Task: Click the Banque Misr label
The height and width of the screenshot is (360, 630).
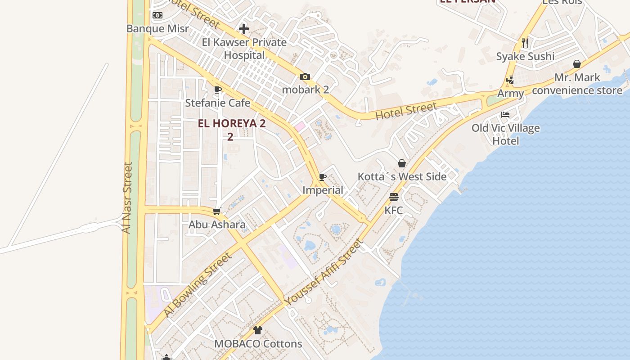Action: (157, 29)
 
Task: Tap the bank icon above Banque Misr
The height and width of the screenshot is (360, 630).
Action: (157, 15)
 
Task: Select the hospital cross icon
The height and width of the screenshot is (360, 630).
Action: (244, 29)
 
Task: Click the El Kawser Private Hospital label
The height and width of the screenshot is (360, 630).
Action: (244, 49)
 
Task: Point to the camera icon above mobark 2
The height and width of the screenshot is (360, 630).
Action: (305, 76)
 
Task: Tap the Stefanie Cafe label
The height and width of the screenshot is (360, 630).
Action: (218, 103)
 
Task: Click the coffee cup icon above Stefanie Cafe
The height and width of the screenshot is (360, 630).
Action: (218, 90)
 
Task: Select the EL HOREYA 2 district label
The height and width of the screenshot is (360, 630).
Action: (232, 124)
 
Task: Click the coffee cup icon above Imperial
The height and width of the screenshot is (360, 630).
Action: (322, 177)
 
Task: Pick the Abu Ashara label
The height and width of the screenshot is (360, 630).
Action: (217, 225)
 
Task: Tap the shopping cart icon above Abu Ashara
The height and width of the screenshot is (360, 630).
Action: (217, 211)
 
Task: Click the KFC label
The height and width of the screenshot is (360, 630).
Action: (393, 210)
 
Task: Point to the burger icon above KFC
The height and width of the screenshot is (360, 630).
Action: (394, 197)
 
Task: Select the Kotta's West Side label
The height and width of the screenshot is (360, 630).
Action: (402, 177)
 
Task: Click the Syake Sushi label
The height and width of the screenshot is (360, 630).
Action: (525, 56)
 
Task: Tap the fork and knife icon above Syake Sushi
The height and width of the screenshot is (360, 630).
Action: (525, 43)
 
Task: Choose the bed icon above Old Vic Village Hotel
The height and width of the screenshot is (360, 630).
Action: (505, 115)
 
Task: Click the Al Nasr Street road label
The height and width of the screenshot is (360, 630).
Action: (127, 198)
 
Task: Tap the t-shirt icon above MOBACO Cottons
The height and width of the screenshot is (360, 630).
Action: (257, 330)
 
